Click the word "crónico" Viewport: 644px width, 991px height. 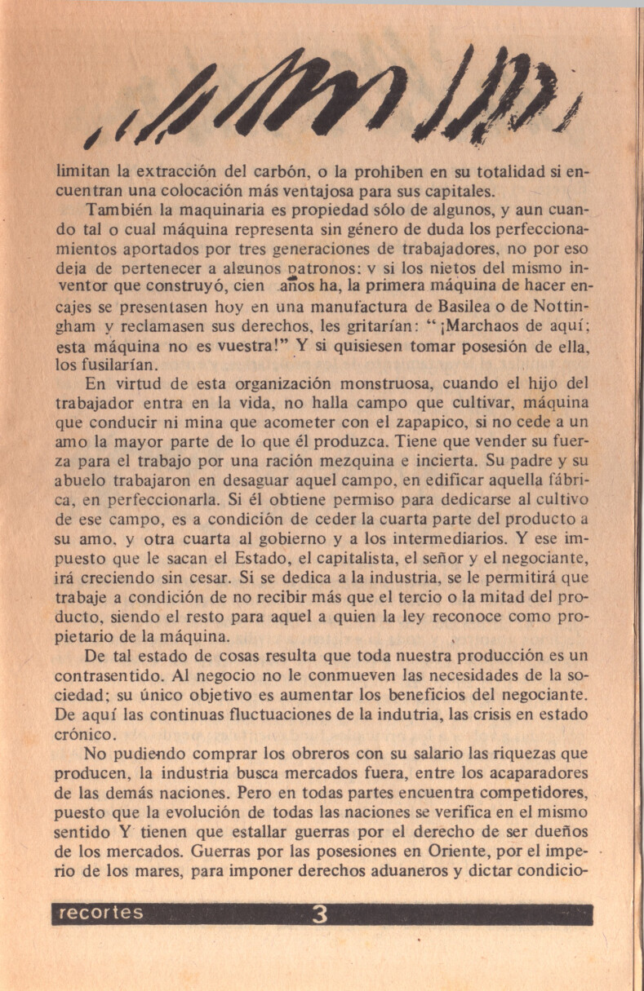coord(83,735)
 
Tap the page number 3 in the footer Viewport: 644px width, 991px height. coord(320,915)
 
